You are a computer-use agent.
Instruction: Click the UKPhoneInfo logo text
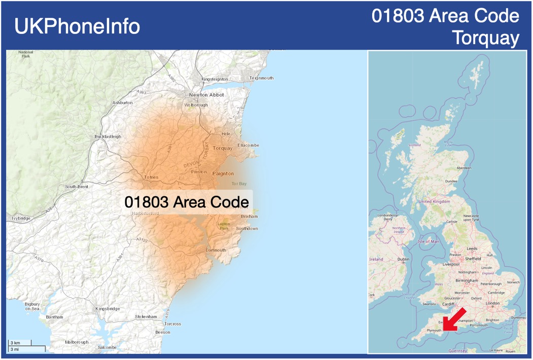click(77, 26)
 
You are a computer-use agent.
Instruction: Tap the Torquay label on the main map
click(223, 148)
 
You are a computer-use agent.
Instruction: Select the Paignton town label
click(223, 173)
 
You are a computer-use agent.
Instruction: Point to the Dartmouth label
click(216, 250)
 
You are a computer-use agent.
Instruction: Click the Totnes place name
click(151, 177)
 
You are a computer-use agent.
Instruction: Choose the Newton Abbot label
click(206, 95)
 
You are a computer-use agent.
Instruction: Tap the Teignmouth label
click(262, 78)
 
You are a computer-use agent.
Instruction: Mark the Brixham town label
click(250, 217)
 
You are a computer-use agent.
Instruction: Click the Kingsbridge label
click(108, 308)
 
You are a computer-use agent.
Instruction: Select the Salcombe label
click(107, 347)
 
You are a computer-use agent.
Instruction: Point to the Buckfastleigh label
click(108, 136)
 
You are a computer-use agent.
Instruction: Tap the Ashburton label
click(122, 103)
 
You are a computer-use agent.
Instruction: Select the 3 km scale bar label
click(15, 343)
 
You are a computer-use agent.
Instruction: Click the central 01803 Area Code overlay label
click(187, 202)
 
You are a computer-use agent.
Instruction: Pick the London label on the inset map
click(492, 303)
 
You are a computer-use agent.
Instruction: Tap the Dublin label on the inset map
click(403, 259)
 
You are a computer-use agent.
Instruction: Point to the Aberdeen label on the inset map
click(464, 168)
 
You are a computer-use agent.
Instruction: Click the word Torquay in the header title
click(486, 38)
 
